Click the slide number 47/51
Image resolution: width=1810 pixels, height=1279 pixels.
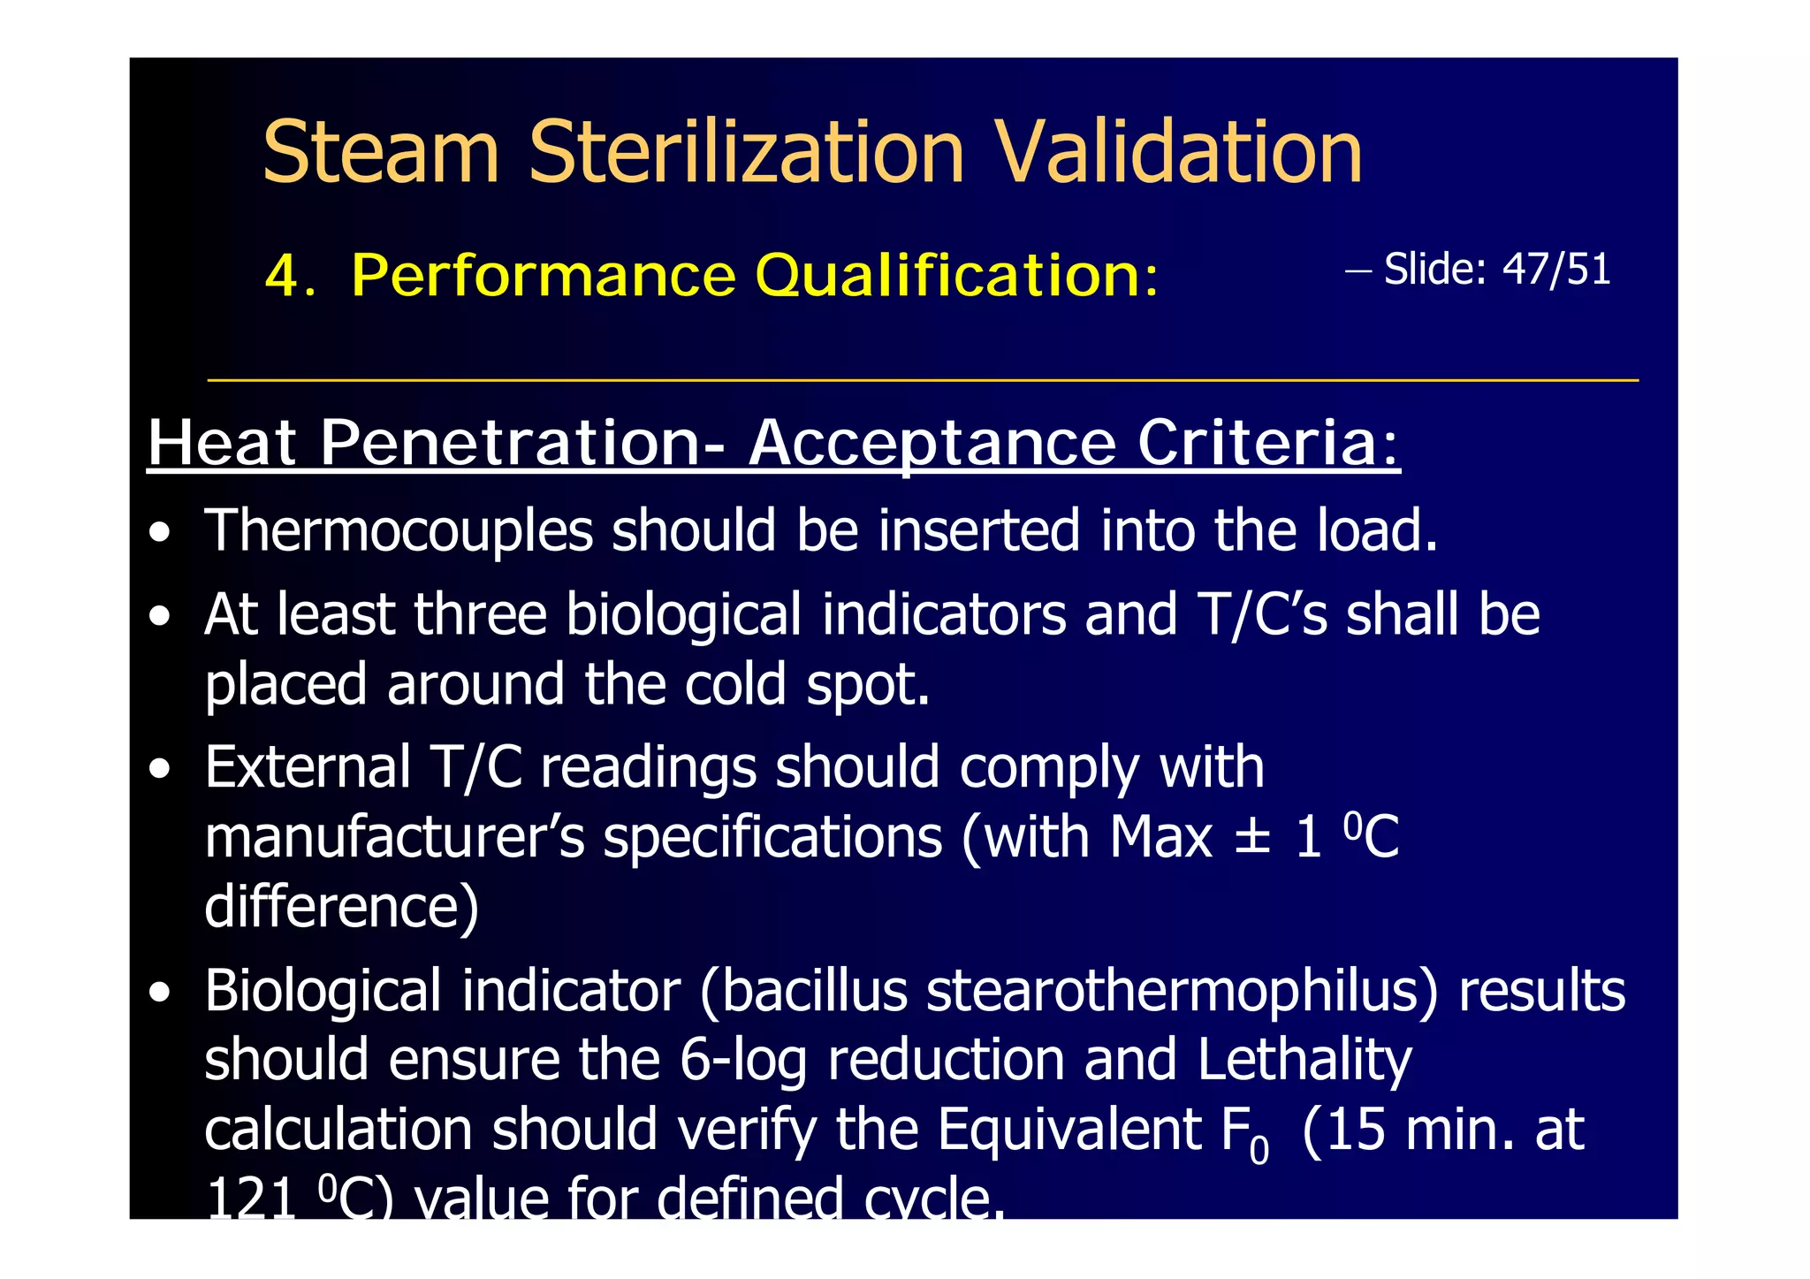[1556, 269]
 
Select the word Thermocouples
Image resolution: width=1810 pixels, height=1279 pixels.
[399, 531]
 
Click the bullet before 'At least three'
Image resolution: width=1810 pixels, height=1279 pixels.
[160, 616]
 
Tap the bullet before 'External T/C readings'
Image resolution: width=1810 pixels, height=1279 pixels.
[160, 769]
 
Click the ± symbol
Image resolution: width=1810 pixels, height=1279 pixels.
[1252, 835]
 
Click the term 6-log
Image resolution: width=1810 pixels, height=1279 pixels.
[743, 1060]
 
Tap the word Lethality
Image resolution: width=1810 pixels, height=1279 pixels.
[1304, 1060]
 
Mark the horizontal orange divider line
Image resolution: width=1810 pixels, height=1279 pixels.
[923, 380]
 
